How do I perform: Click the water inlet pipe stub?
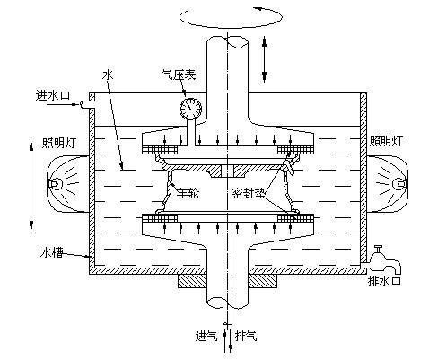(85, 106)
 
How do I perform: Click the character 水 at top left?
(109, 79)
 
